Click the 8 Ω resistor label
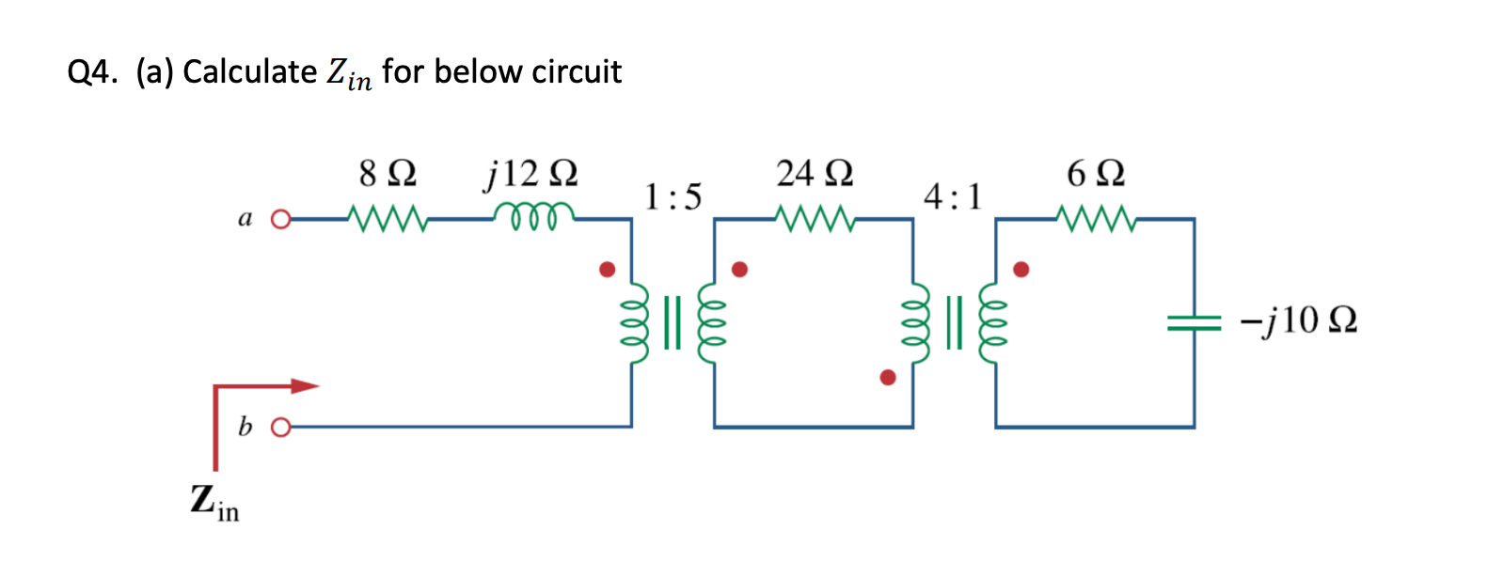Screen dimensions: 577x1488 (388, 173)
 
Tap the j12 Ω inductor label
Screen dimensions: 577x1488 (530, 173)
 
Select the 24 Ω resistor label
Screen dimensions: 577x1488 (815, 173)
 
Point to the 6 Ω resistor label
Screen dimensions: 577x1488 (1096, 173)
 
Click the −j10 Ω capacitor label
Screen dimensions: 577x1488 (1298, 320)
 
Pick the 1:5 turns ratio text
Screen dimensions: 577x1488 (673, 196)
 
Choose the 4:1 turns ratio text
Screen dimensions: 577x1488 (952, 196)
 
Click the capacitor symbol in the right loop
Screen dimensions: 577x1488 (1194, 322)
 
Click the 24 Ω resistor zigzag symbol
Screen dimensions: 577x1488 (815, 220)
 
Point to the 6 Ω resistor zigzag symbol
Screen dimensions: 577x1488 (1097, 220)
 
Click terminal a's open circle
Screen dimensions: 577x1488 (279, 221)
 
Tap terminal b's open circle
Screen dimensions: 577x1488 (279, 428)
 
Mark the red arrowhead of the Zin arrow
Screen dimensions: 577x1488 (305, 385)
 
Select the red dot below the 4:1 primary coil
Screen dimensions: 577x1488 (887, 378)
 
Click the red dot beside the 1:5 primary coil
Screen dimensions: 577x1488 (608, 270)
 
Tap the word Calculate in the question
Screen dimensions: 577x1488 (249, 71)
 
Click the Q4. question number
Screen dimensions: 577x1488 (92, 71)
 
